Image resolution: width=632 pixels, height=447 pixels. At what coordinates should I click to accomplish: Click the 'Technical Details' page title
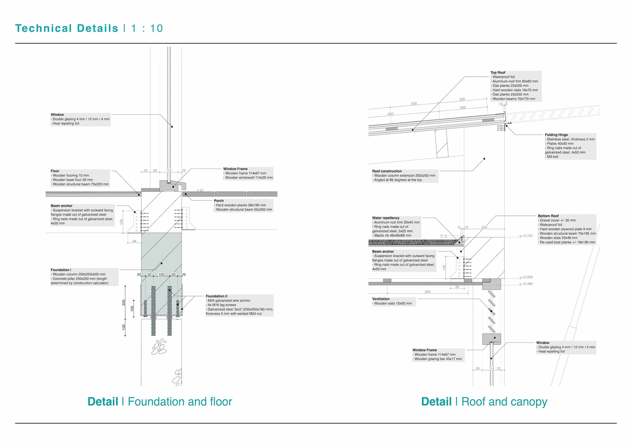pos(66,28)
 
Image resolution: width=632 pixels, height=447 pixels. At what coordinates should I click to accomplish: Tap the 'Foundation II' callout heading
pos(216,296)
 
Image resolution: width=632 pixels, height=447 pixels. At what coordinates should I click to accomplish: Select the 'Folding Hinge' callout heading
pos(556,135)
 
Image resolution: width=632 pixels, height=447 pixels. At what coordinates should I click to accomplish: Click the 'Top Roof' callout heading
pos(498,72)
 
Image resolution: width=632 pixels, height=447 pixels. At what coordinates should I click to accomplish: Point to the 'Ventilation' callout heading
pos(381,299)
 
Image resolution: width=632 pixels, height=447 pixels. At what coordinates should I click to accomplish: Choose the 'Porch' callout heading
pos(219,201)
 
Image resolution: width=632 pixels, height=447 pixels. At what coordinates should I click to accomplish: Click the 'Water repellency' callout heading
pos(385,218)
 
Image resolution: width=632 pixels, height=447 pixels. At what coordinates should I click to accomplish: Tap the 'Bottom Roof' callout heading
pos(548,216)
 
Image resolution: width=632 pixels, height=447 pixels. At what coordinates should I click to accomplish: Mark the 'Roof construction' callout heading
pos(387,171)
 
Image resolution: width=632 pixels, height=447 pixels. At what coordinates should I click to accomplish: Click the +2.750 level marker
pos(527,236)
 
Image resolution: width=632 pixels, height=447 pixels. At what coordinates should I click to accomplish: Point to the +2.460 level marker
pos(527,284)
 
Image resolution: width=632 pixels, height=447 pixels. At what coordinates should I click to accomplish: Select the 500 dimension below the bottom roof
pos(427,292)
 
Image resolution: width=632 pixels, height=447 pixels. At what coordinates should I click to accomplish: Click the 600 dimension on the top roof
pos(390,114)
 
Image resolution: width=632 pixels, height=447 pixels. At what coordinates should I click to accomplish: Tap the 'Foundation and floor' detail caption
pos(180,402)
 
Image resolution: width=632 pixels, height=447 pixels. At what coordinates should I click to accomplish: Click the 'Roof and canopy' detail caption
pos(504,402)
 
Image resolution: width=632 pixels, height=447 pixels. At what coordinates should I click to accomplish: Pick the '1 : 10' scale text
pos(147,28)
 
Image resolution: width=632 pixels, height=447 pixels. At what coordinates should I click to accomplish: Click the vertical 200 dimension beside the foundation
pos(124,302)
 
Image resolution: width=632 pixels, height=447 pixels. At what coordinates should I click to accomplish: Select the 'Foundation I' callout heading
pos(61,270)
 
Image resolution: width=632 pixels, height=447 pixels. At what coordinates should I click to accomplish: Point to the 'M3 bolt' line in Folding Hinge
pos(552,157)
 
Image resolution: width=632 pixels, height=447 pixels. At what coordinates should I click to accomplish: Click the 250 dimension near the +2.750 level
pos(484,227)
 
